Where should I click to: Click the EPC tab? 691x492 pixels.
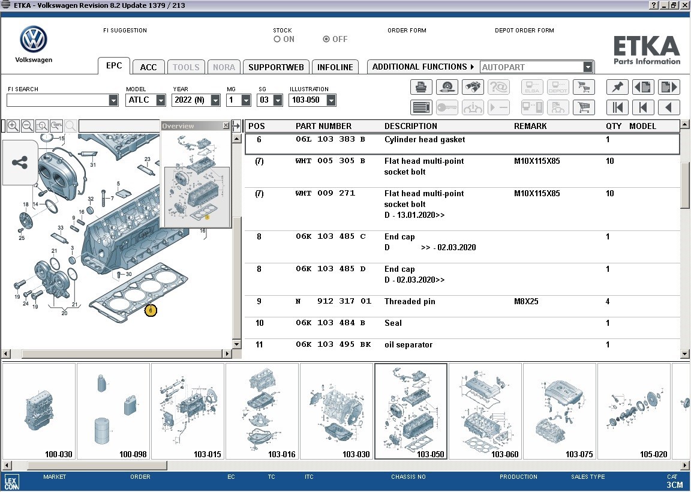click(x=114, y=66)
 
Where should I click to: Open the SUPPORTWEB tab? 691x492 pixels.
click(x=276, y=67)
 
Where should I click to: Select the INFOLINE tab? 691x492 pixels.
click(x=335, y=67)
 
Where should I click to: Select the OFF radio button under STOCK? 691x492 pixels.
click(x=326, y=39)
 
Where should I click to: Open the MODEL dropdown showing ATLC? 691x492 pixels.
click(x=161, y=100)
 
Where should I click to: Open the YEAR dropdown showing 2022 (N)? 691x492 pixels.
click(x=215, y=100)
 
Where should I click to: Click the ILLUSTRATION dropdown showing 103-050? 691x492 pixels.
click(x=331, y=100)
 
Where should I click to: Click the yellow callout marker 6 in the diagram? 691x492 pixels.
click(x=151, y=310)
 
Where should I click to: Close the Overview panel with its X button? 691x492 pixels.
click(x=226, y=125)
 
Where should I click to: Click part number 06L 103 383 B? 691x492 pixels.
click(x=330, y=140)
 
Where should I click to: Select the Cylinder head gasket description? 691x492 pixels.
click(x=425, y=140)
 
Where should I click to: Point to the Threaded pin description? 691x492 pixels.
click(x=410, y=302)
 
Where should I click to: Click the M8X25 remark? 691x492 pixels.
click(x=526, y=302)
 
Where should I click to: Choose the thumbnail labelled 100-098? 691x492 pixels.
click(x=113, y=412)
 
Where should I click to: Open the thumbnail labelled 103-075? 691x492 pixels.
click(x=560, y=412)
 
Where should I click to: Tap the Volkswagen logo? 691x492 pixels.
click(x=34, y=40)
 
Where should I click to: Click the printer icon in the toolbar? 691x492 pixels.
click(x=421, y=87)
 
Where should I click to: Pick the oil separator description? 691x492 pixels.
click(x=408, y=345)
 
